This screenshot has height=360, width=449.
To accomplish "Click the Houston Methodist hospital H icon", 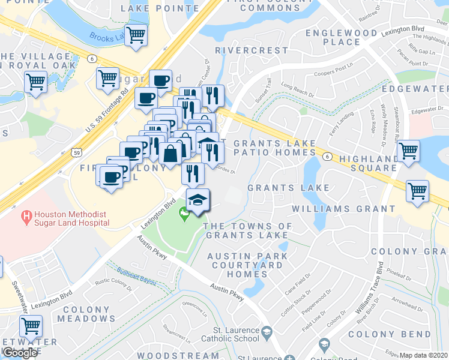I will (x=26, y=214).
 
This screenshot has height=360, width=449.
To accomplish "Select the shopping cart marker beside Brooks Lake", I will (x=136, y=35).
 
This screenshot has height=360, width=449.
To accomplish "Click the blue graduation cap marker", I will (x=197, y=200).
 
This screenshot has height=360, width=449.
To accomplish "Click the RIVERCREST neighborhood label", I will (x=244, y=50).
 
